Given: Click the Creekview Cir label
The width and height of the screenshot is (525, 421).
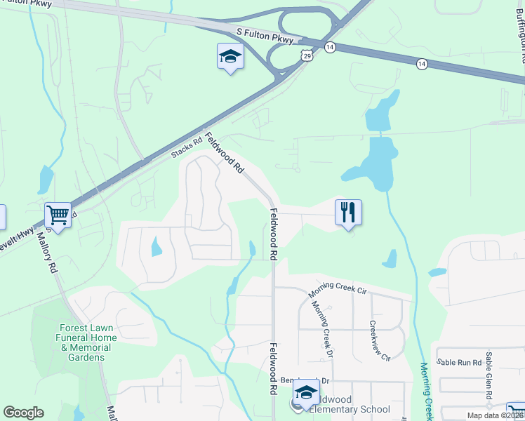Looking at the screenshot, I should pos(380,342).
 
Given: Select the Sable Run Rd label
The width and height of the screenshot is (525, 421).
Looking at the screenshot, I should pos(459,362).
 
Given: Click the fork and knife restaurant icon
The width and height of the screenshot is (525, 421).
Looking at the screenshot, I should pos(348,211).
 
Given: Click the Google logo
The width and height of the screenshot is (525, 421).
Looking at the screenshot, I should pos(23,413).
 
